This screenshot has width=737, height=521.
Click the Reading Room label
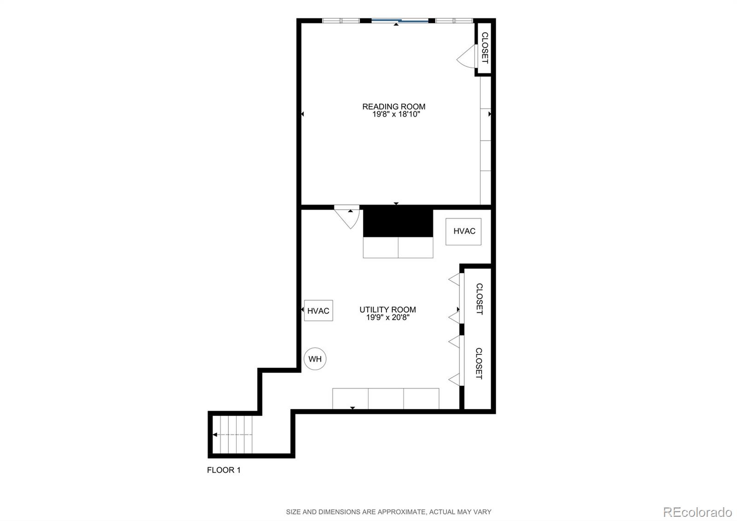point(393,107)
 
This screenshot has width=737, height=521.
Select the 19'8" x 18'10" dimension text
point(396,114)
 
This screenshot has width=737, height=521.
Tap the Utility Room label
point(387,310)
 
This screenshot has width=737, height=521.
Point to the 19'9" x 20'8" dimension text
point(387,318)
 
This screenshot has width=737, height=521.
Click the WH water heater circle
point(315,359)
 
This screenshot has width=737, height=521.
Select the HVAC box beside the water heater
point(318,311)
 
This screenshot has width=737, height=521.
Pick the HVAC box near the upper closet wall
point(463,231)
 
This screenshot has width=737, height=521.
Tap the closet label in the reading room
point(485,48)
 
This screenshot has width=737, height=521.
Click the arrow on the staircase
point(215,434)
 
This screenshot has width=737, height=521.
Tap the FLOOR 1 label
point(224,470)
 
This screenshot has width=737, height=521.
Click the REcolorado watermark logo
point(697,512)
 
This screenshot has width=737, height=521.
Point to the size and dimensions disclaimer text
point(388,512)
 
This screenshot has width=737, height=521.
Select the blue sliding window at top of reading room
point(400,21)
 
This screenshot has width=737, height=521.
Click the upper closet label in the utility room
point(479,299)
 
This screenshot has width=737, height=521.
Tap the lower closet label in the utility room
point(479,363)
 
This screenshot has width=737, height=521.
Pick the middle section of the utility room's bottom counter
point(386,398)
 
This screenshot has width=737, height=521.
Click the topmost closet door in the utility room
point(455,279)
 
